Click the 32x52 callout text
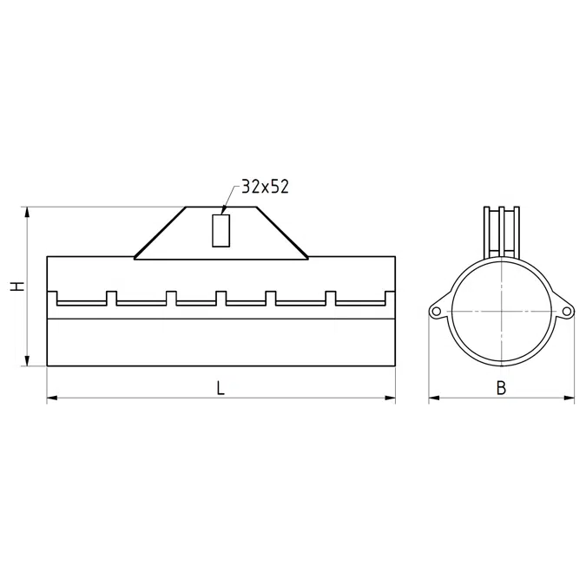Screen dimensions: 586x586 tap(266, 187)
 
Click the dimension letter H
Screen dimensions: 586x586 tap(17, 286)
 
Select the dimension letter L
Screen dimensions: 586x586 tap(221, 388)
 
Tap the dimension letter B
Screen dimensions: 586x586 tap(501, 388)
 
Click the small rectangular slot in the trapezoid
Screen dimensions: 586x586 tap(221, 231)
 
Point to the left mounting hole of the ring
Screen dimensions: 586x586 tap(436, 312)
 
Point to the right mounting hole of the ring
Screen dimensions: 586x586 tap(567, 312)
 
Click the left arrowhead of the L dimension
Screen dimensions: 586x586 tap(52, 398)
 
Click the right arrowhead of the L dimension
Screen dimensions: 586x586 tap(390, 398)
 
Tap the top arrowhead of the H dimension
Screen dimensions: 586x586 tap(27, 213)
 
